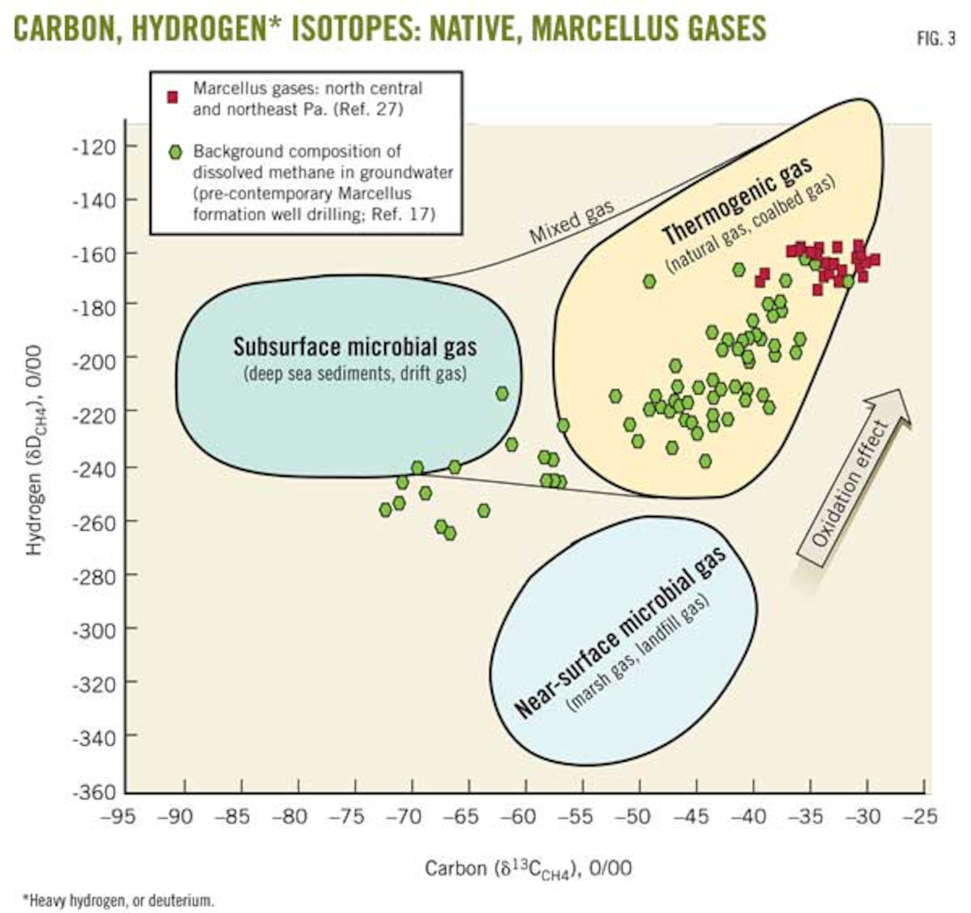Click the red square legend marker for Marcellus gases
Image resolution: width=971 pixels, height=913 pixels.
tap(173, 98)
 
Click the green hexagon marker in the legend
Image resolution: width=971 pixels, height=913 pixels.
tap(175, 152)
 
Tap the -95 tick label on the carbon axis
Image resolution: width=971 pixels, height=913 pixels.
tap(118, 817)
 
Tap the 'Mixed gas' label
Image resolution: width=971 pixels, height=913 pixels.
tap(571, 222)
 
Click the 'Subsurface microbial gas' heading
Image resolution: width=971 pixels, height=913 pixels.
tap(355, 347)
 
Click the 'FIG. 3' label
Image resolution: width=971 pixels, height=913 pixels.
tap(936, 39)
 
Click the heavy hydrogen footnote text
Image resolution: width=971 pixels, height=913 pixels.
tap(118, 900)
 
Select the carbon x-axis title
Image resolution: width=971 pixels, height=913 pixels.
tap(528, 868)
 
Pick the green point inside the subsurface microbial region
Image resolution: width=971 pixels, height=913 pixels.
tap(502, 393)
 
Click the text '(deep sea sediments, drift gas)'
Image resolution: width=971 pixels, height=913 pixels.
tap(355, 373)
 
